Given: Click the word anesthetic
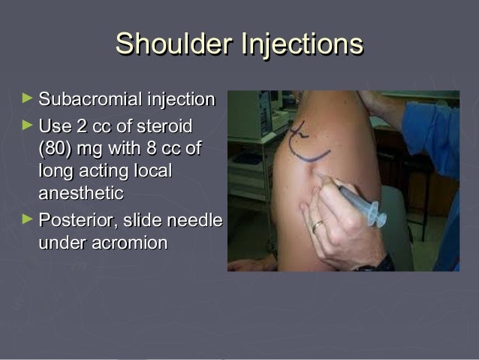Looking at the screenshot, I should [81, 193].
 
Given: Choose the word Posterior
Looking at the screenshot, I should [74, 221].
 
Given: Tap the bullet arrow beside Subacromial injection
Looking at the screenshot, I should [28, 98].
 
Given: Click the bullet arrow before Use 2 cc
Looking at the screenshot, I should [28, 123].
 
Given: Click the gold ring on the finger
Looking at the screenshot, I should [318, 225].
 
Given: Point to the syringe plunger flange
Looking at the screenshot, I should [379, 217].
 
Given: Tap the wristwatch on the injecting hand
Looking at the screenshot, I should [375, 265].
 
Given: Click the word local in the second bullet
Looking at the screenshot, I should [152, 171].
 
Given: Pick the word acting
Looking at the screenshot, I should [100, 171].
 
